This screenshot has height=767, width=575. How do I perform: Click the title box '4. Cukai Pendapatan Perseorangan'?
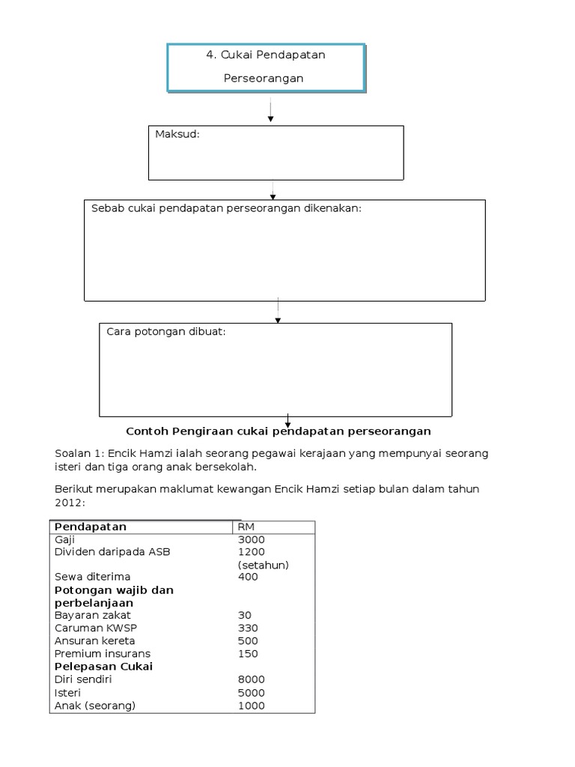pyautogui.click(x=266, y=67)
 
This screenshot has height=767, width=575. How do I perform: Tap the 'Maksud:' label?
pyautogui.click(x=177, y=134)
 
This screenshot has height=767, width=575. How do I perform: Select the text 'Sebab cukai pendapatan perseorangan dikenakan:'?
pyautogui.click(x=226, y=207)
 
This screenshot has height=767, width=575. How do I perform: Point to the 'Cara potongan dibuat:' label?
pyautogui.click(x=165, y=331)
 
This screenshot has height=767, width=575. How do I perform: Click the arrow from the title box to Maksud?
pyautogui.click(x=270, y=108)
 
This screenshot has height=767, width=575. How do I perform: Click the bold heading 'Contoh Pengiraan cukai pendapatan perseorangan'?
pyautogui.click(x=278, y=431)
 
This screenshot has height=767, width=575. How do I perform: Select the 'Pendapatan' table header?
pyautogui.click(x=91, y=527)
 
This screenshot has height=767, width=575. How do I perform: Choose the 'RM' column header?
pyautogui.click(x=246, y=527)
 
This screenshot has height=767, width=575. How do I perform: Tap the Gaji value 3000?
pyautogui.click(x=251, y=539)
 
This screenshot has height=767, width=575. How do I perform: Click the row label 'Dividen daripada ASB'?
pyautogui.click(x=112, y=552)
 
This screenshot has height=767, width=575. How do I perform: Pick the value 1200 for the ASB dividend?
pyautogui.click(x=251, y=552)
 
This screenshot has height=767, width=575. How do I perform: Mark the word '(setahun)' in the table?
pyautogui.click(x=263, y=565)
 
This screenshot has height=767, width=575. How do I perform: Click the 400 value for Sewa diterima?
pyautogui.click(x=248, y=577)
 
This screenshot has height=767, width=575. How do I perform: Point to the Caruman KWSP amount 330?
pyautogui.click(x=248, y=628)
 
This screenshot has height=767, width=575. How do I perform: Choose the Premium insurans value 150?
pyautogui.click(x=248, y=653)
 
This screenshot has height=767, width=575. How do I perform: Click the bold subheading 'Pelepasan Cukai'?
pyautogui.click(x=103, y=666)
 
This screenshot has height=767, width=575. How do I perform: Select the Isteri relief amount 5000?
pyautogui.click(x=251, y=692)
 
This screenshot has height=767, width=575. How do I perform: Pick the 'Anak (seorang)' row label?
pyautogui.click(x=95, y=705)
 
